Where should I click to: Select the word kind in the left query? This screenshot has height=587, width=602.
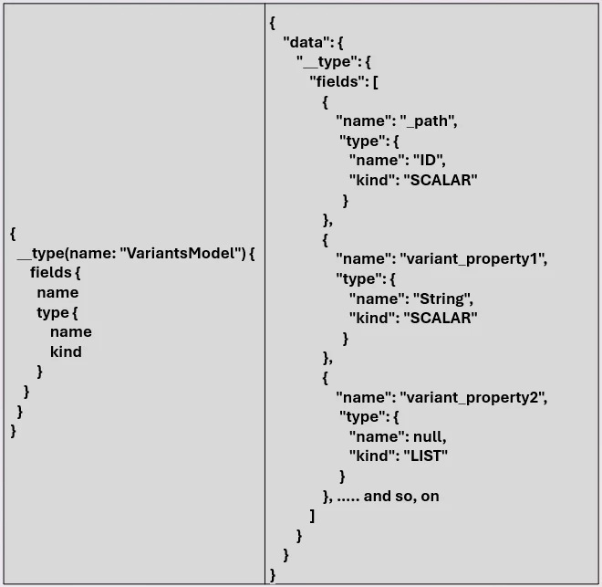point(66,351)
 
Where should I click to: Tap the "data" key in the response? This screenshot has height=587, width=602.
point(306,41)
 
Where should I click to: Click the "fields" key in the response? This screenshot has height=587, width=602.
point(338,80)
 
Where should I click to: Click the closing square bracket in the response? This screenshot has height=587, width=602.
point(312,516)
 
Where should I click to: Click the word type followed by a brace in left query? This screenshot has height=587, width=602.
point(52,312)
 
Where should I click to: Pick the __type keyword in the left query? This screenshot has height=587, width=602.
point(40,253)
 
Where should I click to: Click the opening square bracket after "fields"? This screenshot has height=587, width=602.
point(374,80)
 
